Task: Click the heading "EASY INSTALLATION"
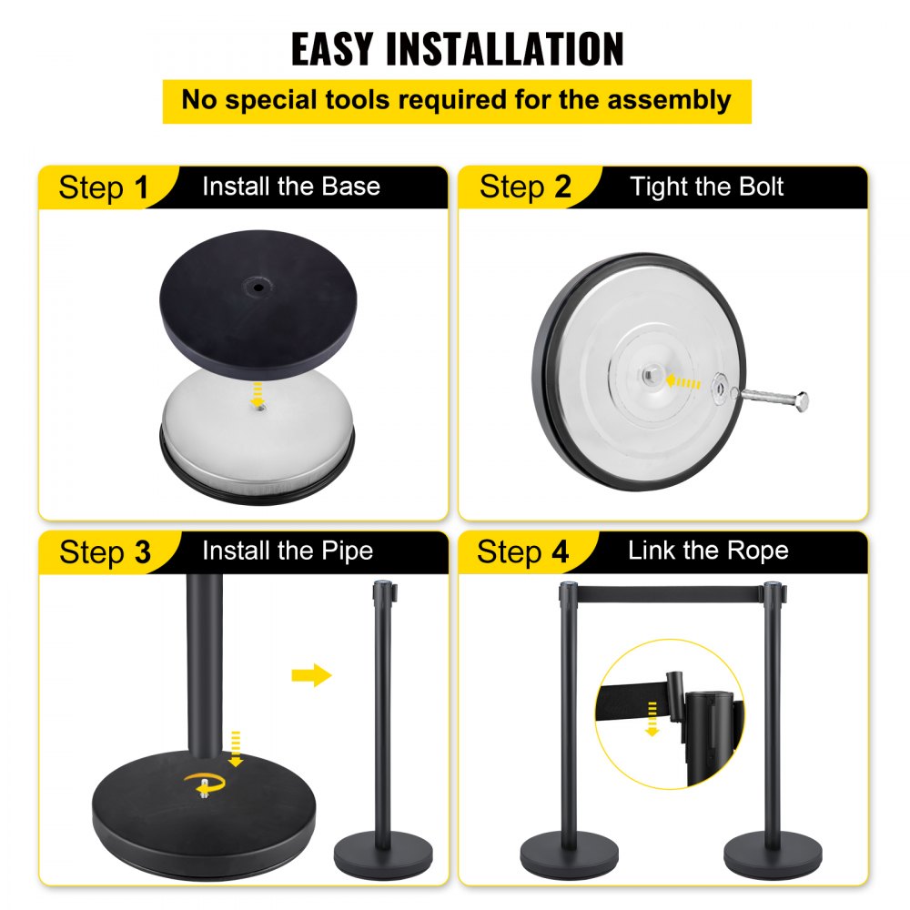tap(457, 48)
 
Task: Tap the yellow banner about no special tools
tap(457, 100)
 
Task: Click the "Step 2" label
tap(525, 187)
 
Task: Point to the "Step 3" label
tap(105, 552)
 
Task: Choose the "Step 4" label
tap(523, 551)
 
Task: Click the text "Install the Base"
tap(290, 187)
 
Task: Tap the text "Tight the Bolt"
tap(707, 187)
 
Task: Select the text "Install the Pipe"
tap(288, 551)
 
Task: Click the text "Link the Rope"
tap(708, 551)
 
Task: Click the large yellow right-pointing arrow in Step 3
tap(312, 675)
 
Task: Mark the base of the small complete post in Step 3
tap(382, 855)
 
